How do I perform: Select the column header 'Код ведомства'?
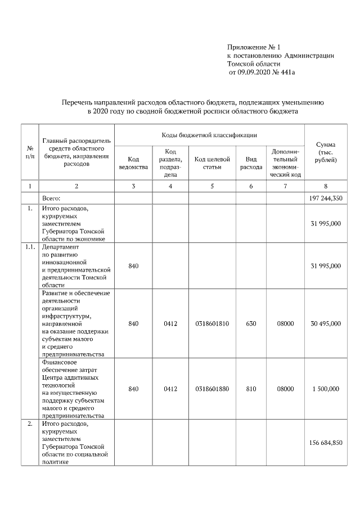pyautogui.click(x=133, y=163)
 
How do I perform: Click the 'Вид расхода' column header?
pyautogui.click(x=251, y=163)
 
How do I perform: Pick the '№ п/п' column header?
pyautogui.click(x=30, y=152)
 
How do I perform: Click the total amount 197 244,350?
pyautogui.click(x=325, y=199)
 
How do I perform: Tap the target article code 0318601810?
pyautogui.click(x=212, y=323)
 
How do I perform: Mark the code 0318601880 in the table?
pyautogui.click(x=212, y=389)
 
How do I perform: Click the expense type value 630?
pyautogui.click(x=251, y=323)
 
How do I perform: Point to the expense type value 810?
pyautogui.click(x=251, y=389)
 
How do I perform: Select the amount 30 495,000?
pyautogui.click(x=325, y=323)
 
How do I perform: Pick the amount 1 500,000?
pyautogui.click(x=325, y=389)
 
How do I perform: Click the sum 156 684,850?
pyautogui.click(x=325, y=443)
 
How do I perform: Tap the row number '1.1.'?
pyautogui.click(x=30, y=247)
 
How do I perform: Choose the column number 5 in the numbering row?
pyautogui.click(x=212, y=186)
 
